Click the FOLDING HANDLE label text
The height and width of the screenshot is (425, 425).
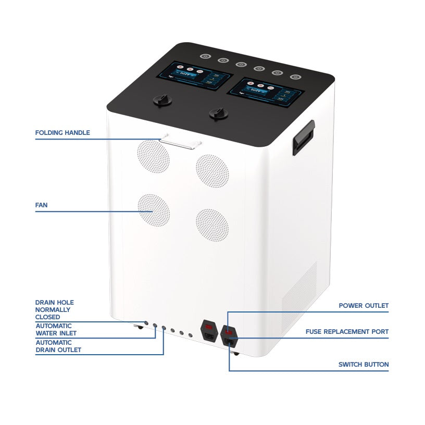tap(63, 133)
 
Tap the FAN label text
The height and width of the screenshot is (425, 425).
tap(41, 205)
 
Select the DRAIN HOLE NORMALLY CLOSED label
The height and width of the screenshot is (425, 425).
tap(54, 309)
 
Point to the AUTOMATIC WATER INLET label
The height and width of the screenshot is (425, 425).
tap(56, 330)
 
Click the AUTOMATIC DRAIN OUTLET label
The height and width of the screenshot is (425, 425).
tap(58, 346)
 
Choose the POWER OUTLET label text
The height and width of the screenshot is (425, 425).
tap(364, 306)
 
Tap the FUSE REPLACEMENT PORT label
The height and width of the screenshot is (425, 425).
tap(347, 332)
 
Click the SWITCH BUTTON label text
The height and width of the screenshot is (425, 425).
tap(364, 365)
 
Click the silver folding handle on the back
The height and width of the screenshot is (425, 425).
tap(180, 141)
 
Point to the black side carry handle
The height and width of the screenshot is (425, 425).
tap(303, 137)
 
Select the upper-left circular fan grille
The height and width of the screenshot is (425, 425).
tap(153, 156)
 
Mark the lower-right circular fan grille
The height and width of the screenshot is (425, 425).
tap(212, 225)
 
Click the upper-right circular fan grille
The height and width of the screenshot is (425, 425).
tap(212, 170)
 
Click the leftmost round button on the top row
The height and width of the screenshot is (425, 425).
tap(205, 57)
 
